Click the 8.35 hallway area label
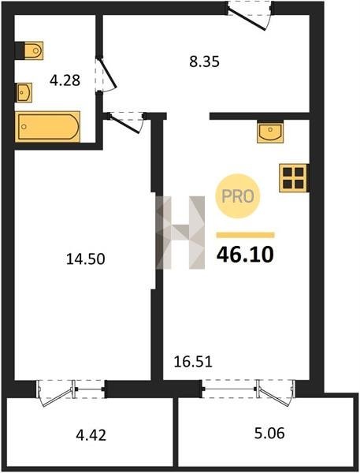coord(205,61)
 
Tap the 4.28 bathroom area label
coord(65,80)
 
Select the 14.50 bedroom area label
coord(86,259)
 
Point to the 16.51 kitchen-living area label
coord(193,362)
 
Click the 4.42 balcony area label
coord(91,436)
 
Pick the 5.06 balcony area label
coord(269,434)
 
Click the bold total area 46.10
coord(245,255)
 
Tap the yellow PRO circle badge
coord(238,196)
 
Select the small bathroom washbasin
coord(24,92)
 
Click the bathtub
coord(48,127)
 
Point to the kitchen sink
coord(270,132)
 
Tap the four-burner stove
coord(293,178)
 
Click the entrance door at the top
coord(250,15)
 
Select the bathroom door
coord(106,75)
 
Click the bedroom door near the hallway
coord(126,121)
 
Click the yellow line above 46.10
coord(246,235)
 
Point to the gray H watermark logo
coord(180,233)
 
